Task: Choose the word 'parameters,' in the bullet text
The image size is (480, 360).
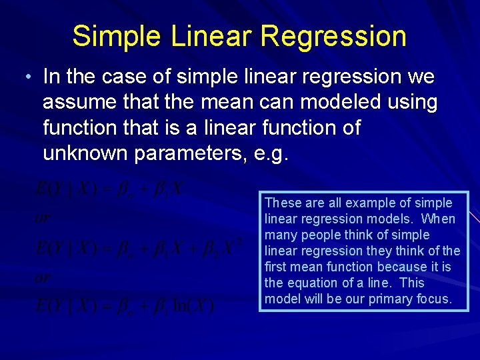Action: pos(193,153)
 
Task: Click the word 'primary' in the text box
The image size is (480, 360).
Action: pos(377,299)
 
